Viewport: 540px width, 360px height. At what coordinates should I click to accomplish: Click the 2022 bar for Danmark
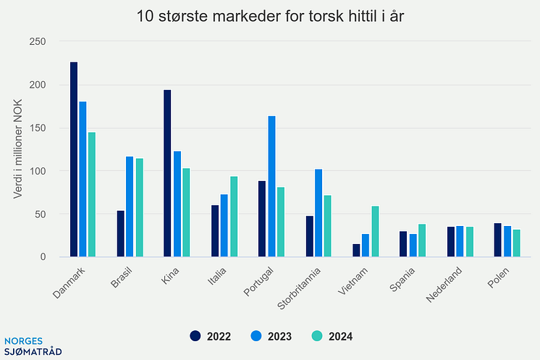click(74, 159)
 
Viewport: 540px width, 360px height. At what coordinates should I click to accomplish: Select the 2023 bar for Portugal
click(271, 186)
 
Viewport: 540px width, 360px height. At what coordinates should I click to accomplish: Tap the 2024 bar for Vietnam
click(375, 232)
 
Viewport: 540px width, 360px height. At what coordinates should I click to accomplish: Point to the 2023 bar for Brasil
click(130, 206)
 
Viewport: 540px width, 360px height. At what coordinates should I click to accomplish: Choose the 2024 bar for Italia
click(234, 217)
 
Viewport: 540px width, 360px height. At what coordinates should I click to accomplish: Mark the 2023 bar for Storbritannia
click(318, 213)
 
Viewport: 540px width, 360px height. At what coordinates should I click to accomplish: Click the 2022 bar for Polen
click(497, 240)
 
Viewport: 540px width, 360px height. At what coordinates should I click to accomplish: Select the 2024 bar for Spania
click(422, 240)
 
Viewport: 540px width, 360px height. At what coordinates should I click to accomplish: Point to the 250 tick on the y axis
click(37, 42)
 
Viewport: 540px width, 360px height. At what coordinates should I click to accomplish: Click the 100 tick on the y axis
click(37, 171)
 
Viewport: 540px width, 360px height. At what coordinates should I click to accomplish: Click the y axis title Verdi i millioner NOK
click(18, 148)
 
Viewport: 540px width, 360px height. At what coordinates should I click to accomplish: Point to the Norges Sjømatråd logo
click(33, 346)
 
